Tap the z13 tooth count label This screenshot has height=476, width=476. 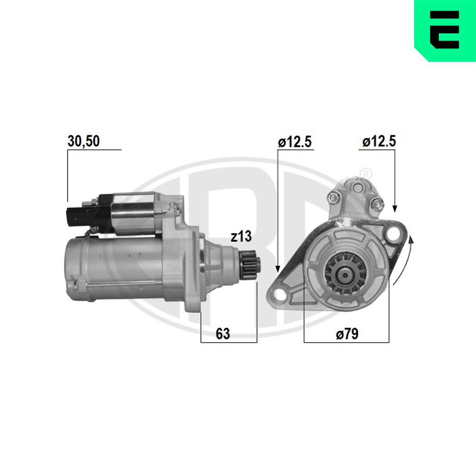[x=241, y=237]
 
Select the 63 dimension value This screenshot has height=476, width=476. [x=223, y=334]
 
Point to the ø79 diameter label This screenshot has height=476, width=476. [x=347, y=334]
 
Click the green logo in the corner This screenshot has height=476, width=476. [x=445, y=30]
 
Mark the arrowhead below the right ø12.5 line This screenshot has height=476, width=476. [x=394, y=208]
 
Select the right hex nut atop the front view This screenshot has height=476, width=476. [x=377, y=204]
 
